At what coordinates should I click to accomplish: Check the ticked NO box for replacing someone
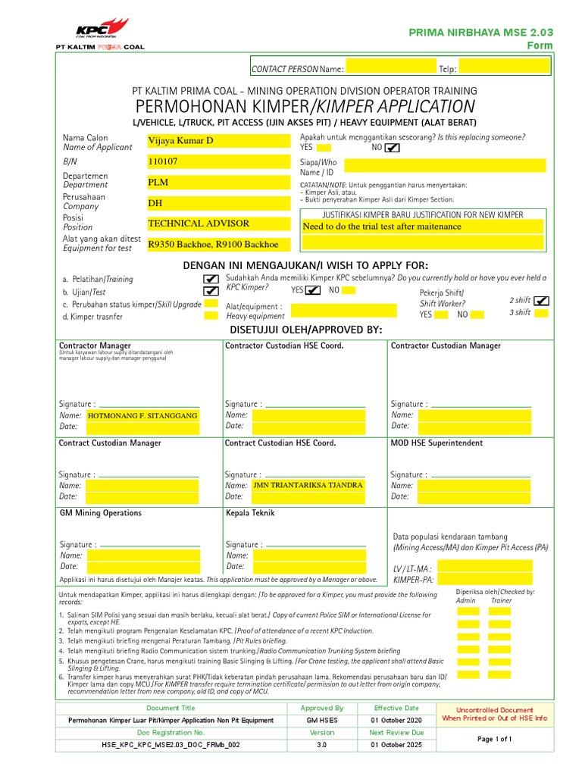click(391, 148)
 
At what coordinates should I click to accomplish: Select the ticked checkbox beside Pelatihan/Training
click(211, 279)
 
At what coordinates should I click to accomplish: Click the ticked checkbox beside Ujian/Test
click(211, 291)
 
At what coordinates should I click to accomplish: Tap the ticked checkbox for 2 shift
click(541, 301)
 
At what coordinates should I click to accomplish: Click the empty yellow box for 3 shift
click(541, 313)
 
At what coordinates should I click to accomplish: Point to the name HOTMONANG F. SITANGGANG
click(142, 416)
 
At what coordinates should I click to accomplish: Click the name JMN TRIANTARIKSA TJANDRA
click(307, 485)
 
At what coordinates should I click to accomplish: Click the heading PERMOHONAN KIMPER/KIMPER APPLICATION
click(305, 106)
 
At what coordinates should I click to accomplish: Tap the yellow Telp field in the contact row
click(504, 68)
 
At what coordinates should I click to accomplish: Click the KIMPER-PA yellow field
click(485, 580)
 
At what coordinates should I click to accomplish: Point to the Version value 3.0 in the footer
click(322, 744)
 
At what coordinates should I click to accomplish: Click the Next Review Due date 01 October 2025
click(396, 744)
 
